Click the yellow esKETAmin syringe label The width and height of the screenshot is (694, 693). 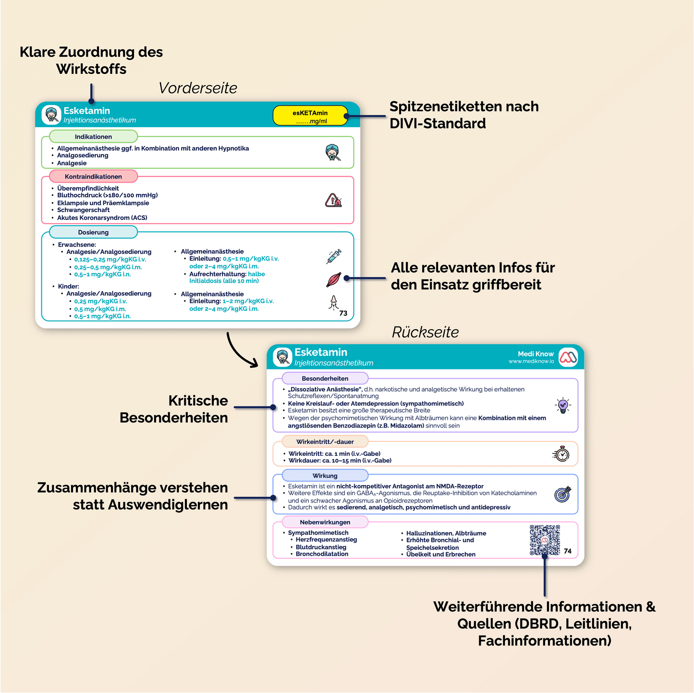coord(310,116)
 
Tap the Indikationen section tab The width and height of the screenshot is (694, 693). coord(93,137)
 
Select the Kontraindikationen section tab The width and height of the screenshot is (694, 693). coord(93,177)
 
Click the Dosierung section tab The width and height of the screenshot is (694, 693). coord(93,232)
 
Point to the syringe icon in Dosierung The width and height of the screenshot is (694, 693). coord(333,256)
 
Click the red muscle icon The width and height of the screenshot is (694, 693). coord(333,280)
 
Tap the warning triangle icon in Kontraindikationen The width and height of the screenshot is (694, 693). coord(333,200)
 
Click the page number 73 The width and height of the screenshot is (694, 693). coord(343,313)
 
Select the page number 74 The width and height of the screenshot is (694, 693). coord(568,551)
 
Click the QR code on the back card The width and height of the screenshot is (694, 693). coord(545,540)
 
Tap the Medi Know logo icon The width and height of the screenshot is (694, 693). coord(568,358)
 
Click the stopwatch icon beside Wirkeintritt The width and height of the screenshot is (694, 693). coord(561,454)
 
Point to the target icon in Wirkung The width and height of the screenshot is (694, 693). coord(562,494)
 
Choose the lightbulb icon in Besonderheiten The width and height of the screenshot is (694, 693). coord(563,406)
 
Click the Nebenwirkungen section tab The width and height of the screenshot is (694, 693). coord(325,522)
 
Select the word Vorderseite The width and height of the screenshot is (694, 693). coord(198,88)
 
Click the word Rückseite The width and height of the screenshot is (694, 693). coord(425,332)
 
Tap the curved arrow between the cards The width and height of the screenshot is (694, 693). coord(240,351)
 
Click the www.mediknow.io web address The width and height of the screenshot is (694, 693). coord(531,361)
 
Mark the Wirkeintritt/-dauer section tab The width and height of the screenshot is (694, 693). coord(325,442)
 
